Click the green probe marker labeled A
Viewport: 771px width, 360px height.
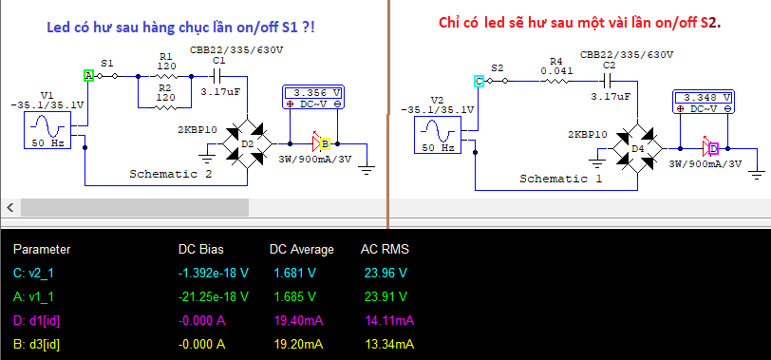tap(88, 76)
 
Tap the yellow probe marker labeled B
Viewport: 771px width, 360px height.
tap(325, 144)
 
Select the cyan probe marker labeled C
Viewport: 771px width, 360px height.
tap(479, 81)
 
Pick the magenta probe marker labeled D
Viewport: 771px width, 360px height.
tap(713, 148)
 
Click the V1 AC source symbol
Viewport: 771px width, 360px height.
tap(47, 130)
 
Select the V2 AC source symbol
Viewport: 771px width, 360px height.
tap(437, 135)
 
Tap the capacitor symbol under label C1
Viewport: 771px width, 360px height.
tap(216, 76)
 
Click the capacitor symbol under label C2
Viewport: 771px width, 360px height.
tap(608, 80)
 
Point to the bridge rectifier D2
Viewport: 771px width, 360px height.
tap(247, 143)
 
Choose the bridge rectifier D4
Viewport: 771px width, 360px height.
tap(638, 148)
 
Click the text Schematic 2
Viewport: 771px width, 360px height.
tap(171, 174)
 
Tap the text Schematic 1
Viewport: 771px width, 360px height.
tap(560, 179)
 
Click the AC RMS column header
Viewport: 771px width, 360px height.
tap(385, 250)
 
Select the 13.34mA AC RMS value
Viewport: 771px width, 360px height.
tap(389, 344)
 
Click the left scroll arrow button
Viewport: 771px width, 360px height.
tap(10, 207)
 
